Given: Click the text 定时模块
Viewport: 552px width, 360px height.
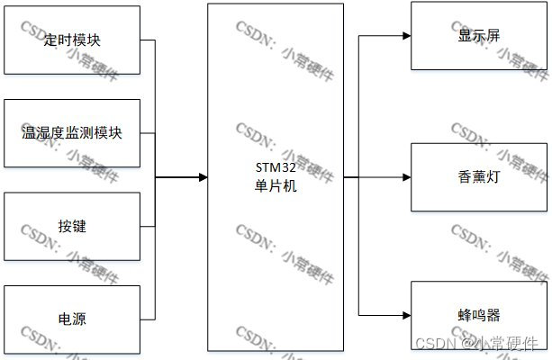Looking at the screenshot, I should pyautogui.click(x=72, y=40).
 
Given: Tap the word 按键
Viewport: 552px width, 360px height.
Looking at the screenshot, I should pyautogui.click(x=72, y=226).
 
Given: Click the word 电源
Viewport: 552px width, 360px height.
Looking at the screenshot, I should pyautogui.click(x=72, y=318).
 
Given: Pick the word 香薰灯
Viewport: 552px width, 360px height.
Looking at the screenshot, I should pyautogui.click(x=479, y=177).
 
